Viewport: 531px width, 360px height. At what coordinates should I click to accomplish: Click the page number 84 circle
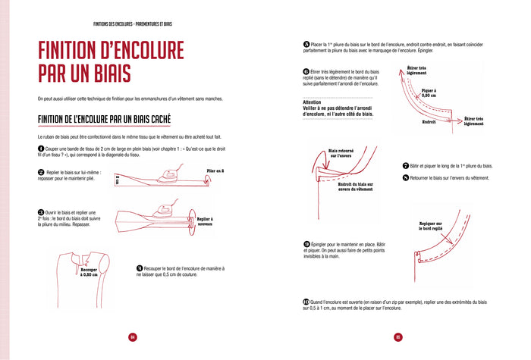[x=132, y=337]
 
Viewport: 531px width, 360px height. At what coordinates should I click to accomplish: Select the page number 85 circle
[x=397, y=337]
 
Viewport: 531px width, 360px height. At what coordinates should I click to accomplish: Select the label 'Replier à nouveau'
[x=209, y=221]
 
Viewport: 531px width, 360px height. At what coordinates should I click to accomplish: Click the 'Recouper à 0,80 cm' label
[x=89, y=272]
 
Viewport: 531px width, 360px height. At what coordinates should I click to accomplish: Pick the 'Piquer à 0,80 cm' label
[x=429, y=92]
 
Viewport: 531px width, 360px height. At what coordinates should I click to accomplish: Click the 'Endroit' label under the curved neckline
[x=429, y=122]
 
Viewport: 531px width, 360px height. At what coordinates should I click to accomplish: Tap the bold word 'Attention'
[x=313, y=102]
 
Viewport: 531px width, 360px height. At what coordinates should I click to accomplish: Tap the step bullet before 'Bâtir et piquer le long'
[x=406, y=165]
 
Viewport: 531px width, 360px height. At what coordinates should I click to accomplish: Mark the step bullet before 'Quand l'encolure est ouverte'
[x=306, y=302]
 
